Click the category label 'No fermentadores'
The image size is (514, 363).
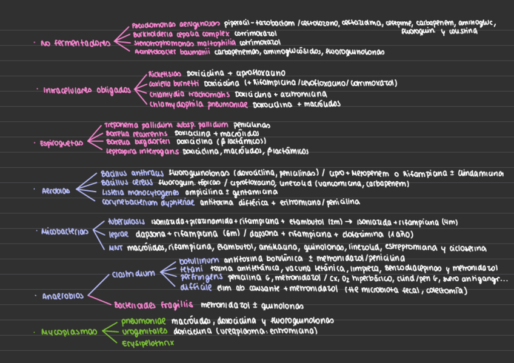pyautogui.click(x=75, y=43)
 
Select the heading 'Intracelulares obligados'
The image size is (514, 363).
pyautogui.click(x=87, y=90)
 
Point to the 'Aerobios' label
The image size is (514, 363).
pyautogui.click(x=56, y=191)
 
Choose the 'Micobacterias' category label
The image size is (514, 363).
pyautogui.click(x=65, y=231)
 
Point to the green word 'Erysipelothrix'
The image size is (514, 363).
pyautogui.click(x=148, y=342)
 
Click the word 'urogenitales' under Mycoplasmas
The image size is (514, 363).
pyautogui.click(x=145, y=331)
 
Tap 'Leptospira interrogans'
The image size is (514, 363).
pyautogui.click(x=142, y=151)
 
